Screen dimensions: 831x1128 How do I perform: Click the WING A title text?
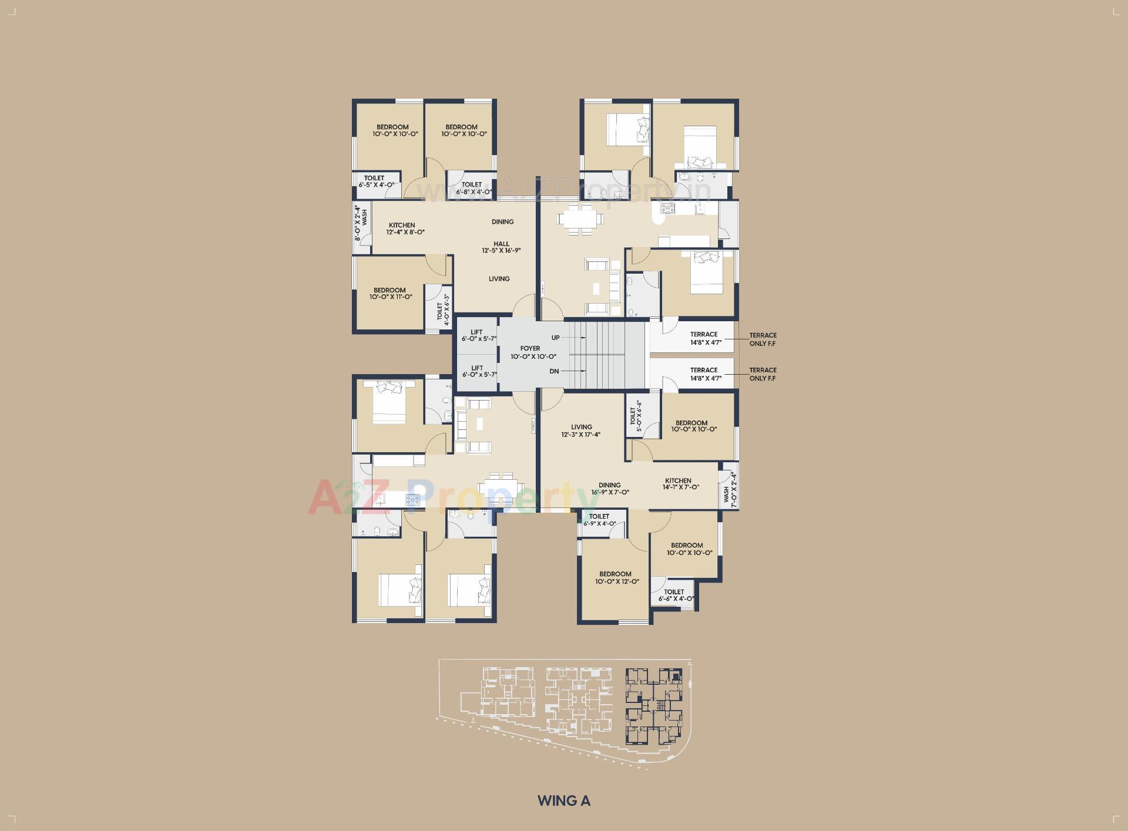click(x=563, y=800)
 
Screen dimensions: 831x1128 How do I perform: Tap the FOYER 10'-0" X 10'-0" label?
click(x=533, y=352)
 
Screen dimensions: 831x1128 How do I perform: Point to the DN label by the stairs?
click(x=554, y=371)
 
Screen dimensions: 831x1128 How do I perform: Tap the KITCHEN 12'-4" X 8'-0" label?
click(x=405, y=228)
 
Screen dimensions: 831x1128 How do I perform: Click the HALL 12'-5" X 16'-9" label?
click(x=501, y=247)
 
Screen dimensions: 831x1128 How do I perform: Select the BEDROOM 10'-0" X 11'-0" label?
click(x=390, y=294)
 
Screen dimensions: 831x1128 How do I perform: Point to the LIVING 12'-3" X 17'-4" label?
click(x=580, y=431)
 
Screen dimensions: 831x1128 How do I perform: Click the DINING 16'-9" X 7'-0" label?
click(x=610, y=489)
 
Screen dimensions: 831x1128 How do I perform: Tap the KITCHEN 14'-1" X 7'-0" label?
click(x=680, y=484)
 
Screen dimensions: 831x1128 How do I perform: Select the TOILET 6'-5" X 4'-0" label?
click(x=375, y=181)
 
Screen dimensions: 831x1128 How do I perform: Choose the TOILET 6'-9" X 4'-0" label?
click(x=599, y=520)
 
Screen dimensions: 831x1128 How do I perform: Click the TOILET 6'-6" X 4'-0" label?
click(x=676, y=596)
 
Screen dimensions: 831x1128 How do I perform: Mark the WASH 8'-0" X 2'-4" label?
click(x=361, y=223)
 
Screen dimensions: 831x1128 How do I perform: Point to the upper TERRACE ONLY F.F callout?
click(x=763, y=339)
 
